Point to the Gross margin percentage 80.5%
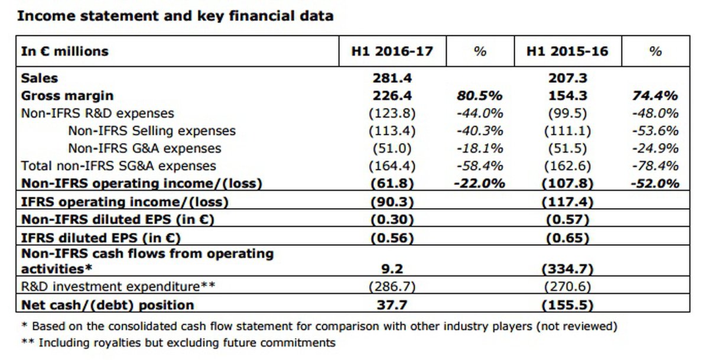479,96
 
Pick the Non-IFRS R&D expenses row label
97,113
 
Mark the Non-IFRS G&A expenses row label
145,148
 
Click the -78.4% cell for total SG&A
655,166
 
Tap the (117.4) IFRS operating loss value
567,202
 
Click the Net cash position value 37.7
392,305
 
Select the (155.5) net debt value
567,305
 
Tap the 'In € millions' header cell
65,51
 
